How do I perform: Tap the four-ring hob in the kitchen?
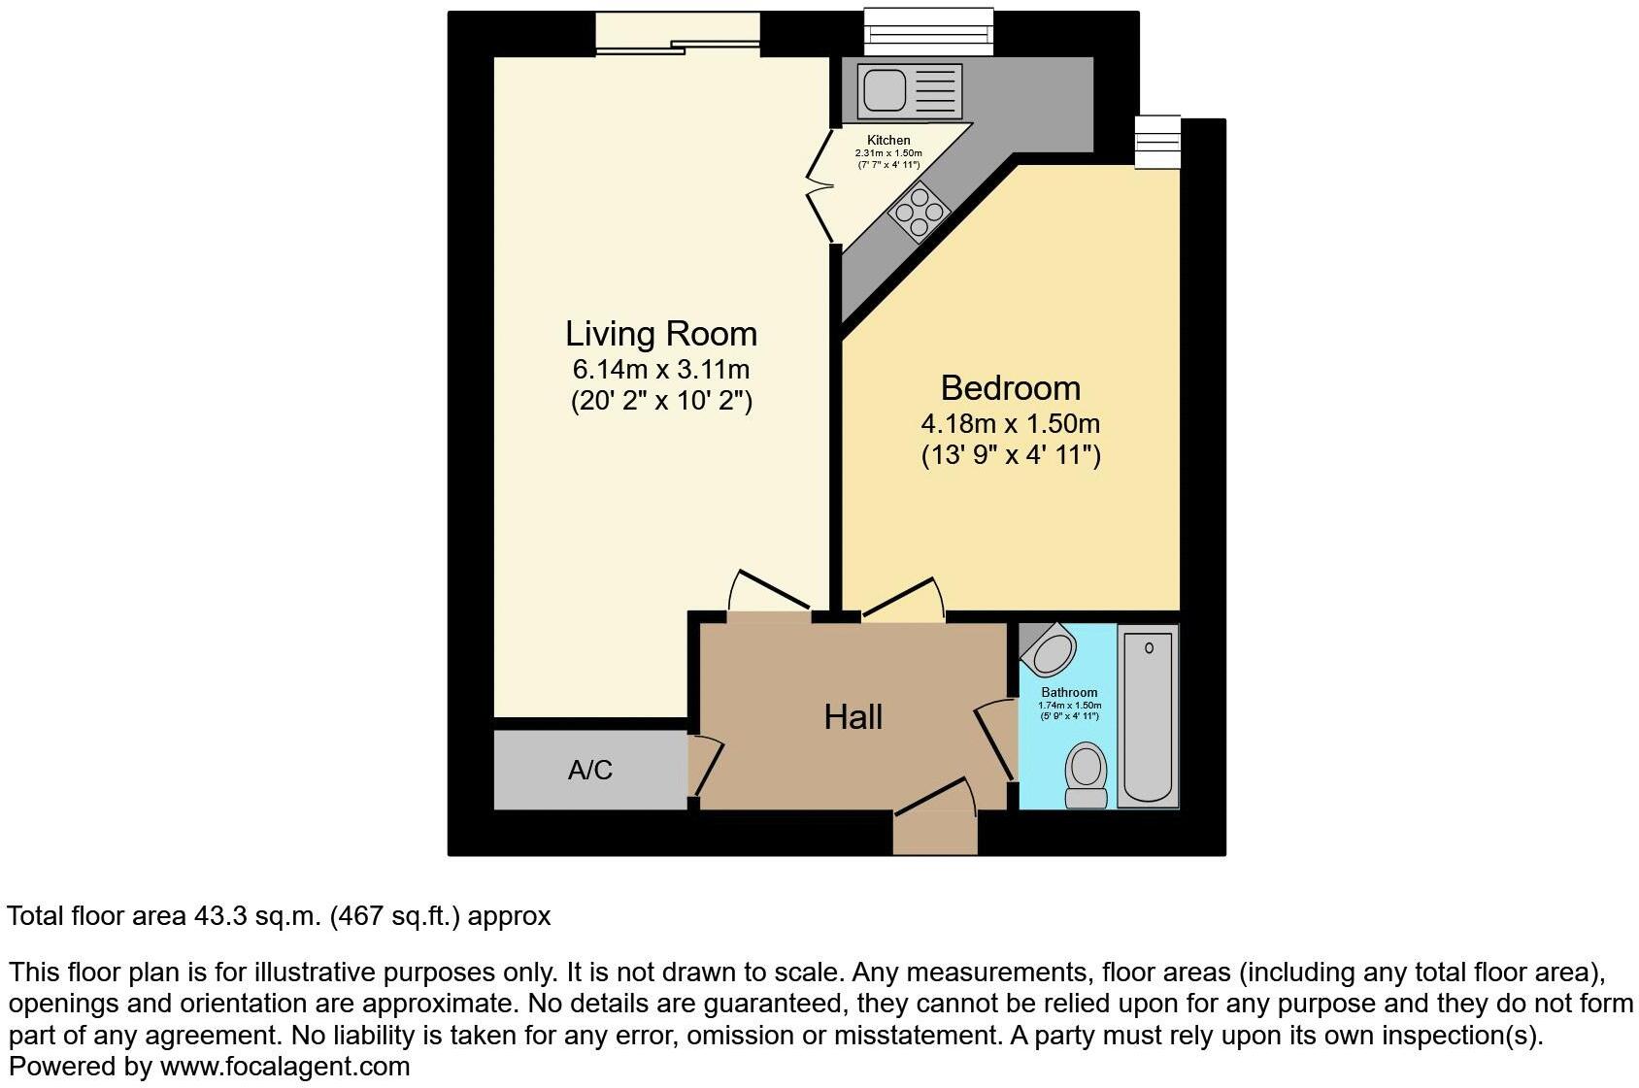pyautogui.click(x=919, y=213)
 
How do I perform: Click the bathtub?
pyautogui.click(x=1148, y=716)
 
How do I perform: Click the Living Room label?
pyautogui.click(x=660, y=334)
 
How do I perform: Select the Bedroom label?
pyautogui.click(x=1010, y=388)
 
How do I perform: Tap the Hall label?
pyautogui.click(x=853, y=717)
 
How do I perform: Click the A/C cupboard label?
pyautogui.click(x=589, y=771)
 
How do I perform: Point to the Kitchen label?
pyautogui.click(x=888, y=141)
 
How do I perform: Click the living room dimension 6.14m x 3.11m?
pyautogui.click(x=660, y=370)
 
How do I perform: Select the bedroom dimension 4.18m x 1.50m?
pyautogui.click(x=1010, y=424)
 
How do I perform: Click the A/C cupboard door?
pyautogui.click(x=706, y=767)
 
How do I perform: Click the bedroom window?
pyautogui.click(x=1157, y=143)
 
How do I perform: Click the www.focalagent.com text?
pyautogui.click(x=284, y=1067)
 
